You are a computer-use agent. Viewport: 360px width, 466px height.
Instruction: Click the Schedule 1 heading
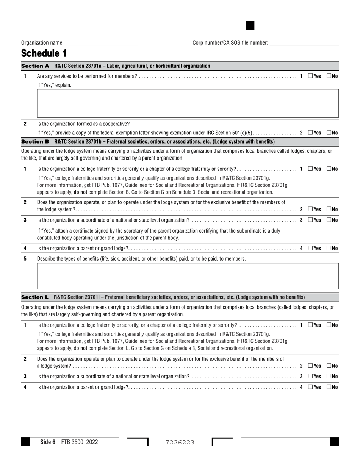(44, 53)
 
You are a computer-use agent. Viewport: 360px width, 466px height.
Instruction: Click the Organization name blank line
(102, 43)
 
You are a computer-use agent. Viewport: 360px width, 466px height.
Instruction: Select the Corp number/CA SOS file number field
(304, 43)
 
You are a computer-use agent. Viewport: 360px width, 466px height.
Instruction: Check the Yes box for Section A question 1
(310, 76)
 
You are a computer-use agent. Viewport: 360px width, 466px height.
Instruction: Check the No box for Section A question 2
(329, 133)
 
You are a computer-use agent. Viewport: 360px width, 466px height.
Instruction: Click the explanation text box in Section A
(188, 103)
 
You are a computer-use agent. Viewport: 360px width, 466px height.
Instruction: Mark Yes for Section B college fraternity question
(310, 169)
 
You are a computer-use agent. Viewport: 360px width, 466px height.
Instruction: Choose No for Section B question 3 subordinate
(329, 220)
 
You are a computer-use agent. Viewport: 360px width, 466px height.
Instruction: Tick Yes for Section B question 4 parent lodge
(310, 248)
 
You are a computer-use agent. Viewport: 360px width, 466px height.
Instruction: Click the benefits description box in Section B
(188, 276)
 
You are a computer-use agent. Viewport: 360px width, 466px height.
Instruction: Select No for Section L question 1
(329, 325)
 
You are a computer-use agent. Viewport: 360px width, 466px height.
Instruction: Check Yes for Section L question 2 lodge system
(310, 366)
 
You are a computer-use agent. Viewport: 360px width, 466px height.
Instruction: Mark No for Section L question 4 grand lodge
(329, 387)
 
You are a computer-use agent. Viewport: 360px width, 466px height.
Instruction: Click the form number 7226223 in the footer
(180, 442)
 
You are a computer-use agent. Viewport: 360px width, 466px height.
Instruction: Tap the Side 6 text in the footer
(48, 442)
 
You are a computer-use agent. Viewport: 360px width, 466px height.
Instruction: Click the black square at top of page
(250, 25)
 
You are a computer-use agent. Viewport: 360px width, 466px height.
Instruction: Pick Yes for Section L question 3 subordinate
(310, 377)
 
